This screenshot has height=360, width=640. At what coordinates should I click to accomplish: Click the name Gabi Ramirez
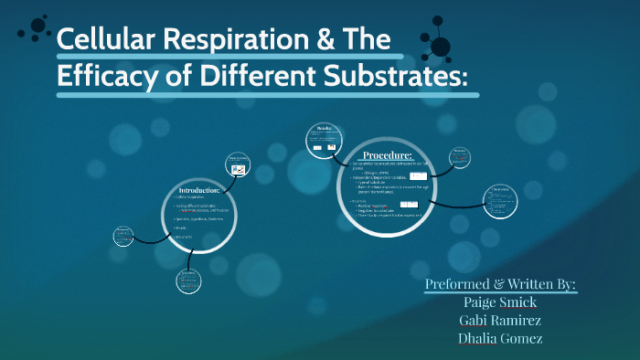pos(502,321)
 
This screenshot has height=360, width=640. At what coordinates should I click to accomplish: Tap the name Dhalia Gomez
pos(502,338)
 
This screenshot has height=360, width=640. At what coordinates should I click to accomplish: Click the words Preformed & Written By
pos(501,285)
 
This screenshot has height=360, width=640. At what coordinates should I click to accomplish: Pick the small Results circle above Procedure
pos(324,138)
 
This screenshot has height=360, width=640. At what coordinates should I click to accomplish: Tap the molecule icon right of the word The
pos(439,43)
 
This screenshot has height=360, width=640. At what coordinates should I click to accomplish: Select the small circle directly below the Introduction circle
pos(187,281)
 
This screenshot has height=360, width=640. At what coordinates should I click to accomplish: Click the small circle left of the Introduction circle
pos(124,236)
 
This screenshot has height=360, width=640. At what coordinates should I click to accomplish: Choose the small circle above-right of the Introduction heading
pos(237,164)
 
